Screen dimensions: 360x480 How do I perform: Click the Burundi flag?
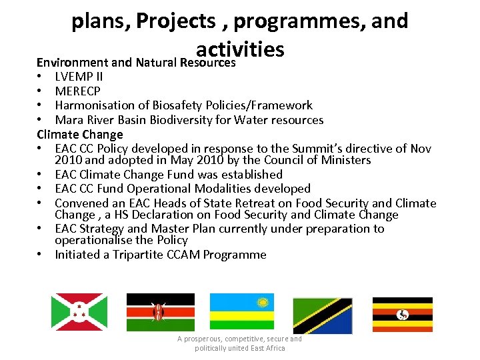[79, 312]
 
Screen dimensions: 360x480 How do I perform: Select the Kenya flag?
[161, 312]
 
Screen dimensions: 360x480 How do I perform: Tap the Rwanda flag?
[241, 312]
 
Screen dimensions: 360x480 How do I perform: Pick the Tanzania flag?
[323, 315]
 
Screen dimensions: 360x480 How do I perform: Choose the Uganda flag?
[402, 314]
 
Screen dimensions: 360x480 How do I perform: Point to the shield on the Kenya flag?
[158, 312]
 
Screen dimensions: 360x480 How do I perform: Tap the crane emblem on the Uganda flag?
[402, 314]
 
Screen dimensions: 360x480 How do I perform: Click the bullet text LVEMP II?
[79, 76]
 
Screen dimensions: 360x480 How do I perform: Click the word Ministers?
[346, 160]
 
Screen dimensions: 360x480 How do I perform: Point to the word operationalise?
[93, 240]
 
